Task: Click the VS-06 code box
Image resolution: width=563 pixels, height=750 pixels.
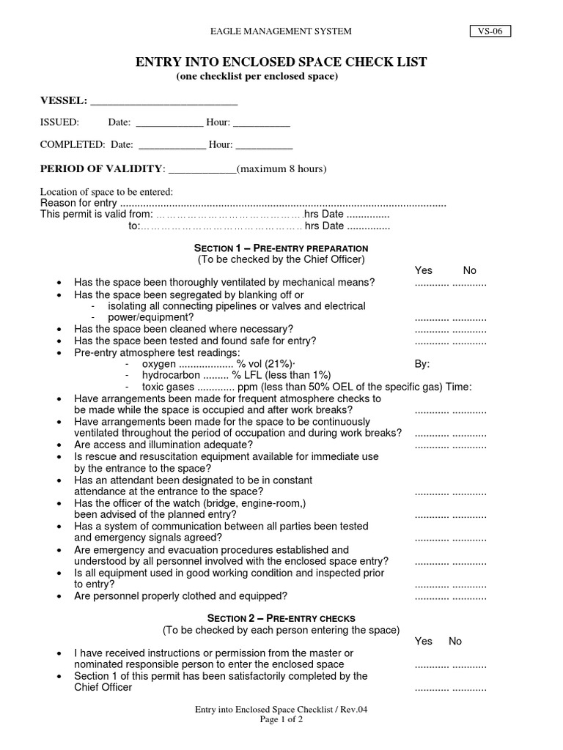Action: [490, 31]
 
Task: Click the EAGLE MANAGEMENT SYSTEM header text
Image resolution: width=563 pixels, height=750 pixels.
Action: [281, 31]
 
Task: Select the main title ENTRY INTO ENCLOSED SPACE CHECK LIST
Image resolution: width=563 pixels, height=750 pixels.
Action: [281, 62]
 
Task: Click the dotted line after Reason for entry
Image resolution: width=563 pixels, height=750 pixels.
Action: [282, 204]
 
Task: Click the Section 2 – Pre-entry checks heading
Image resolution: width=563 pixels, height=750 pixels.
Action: [281, 618]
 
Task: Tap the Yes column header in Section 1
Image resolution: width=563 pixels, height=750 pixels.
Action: [424, 271]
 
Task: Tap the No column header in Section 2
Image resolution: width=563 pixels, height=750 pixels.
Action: [455, 641]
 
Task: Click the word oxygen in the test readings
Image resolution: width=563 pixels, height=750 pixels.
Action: [159, 364]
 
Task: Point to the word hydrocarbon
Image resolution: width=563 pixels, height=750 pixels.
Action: [169, 375]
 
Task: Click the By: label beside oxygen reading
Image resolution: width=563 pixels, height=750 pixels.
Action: [422, 364]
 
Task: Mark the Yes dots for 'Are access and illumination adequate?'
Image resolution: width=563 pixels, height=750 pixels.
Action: [432, 445]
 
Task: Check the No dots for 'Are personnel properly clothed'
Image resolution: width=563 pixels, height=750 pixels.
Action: [469, 597]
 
